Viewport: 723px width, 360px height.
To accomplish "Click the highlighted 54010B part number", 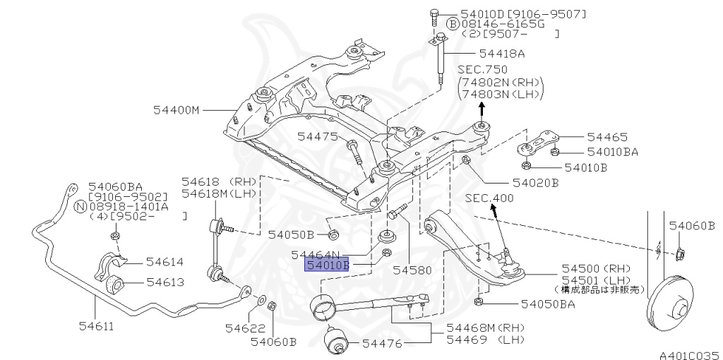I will tap(327, 265).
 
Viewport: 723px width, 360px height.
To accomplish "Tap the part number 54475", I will tap(317, 136).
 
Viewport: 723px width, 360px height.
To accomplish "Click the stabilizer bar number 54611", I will tap(96, 327).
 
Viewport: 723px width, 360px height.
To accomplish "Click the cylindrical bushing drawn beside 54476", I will tap(336, 343).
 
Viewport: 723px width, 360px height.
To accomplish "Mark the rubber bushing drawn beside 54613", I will tap(114, 284).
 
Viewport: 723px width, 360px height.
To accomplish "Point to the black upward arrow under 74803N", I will tap(482, 108).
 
